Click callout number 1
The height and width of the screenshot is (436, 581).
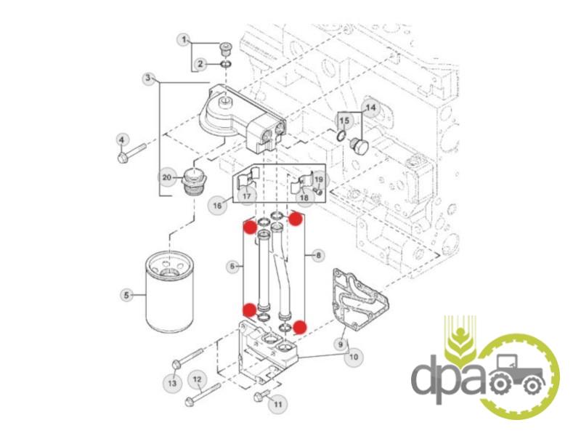[184, 40]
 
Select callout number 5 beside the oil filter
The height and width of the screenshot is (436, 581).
[126, 295]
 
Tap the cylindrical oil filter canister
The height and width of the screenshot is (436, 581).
[170, 291]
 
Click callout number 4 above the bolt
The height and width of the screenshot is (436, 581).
[122, 140]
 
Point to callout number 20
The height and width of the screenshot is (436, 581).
[167, 177]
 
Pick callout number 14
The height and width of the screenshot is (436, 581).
[370, 108]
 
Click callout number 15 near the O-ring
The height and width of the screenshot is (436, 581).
[344, 121]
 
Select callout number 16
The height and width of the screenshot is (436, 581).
[217, 205]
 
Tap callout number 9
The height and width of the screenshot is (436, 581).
[341, 344]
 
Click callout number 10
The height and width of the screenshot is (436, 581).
[354, 357]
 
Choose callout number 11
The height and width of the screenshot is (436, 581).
[278, 404]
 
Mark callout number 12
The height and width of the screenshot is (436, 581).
[197, 379]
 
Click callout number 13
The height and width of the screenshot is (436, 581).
[172, 382]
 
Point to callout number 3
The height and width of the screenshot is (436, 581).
[148, 78]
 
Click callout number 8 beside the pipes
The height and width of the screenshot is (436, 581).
[318, 255]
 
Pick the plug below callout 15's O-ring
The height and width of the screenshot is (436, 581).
[358, 148]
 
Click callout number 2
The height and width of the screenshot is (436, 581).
[200, 64]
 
